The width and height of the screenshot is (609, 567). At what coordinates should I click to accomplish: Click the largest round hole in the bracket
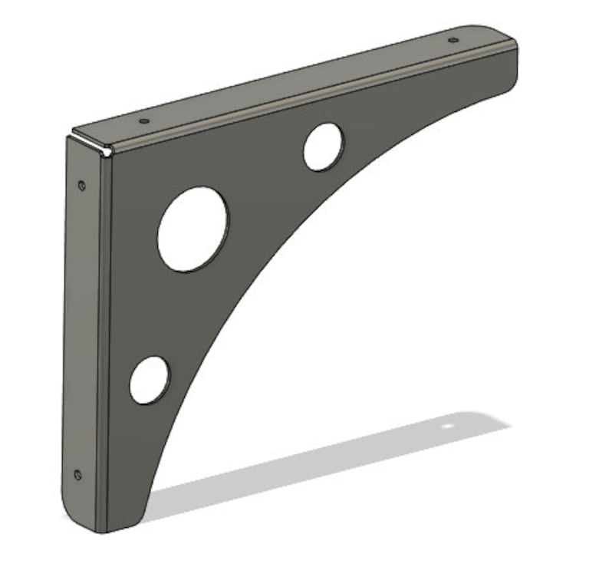[x=193, y=229]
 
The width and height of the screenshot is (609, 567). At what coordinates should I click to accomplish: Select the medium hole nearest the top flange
[x=323, y=147]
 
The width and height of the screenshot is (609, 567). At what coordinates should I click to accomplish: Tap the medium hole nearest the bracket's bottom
[x=149, y=380]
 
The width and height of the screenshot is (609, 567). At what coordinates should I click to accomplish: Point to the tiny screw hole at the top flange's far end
[x=453, y=40]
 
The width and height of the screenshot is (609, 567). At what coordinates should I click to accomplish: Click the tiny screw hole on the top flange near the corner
[x=143, y=120]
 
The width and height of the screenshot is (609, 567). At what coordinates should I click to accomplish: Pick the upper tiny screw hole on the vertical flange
[x=82, y=184]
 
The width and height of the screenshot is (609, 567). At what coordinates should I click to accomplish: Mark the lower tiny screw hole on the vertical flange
[x=77, y=474]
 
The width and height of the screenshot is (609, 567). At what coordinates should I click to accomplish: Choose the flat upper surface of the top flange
[x=291, y=84]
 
